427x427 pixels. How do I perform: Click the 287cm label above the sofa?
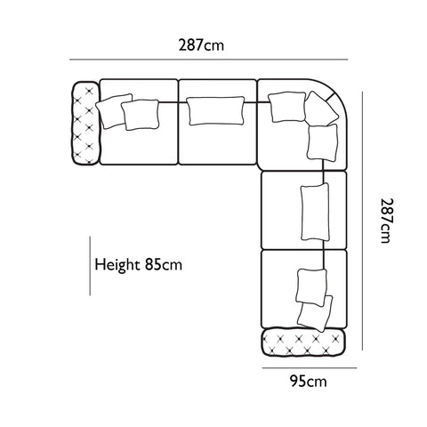pyautogui.click(x=201, y=45)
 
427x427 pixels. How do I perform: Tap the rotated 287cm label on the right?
pyautogui.click(x=388, y=221)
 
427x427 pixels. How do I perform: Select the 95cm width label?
pyautogui.click(x=309, y=381)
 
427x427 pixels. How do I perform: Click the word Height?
pyautogui.click(x=117, y=264)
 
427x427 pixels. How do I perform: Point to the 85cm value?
pyautogui.click(x=164, y=264)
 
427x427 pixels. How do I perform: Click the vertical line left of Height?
pyautogui.click(x=90, y=266)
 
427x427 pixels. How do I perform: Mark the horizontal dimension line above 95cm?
pyautogui.click(x=310, y=368)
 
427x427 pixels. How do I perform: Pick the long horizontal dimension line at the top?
pyautogui.click(x=209, y=60)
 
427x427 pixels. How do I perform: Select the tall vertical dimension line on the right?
pyautogui.click(x=362, y=221)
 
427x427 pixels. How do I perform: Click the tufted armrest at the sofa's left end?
pyautogui.click(x=85, y=123)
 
